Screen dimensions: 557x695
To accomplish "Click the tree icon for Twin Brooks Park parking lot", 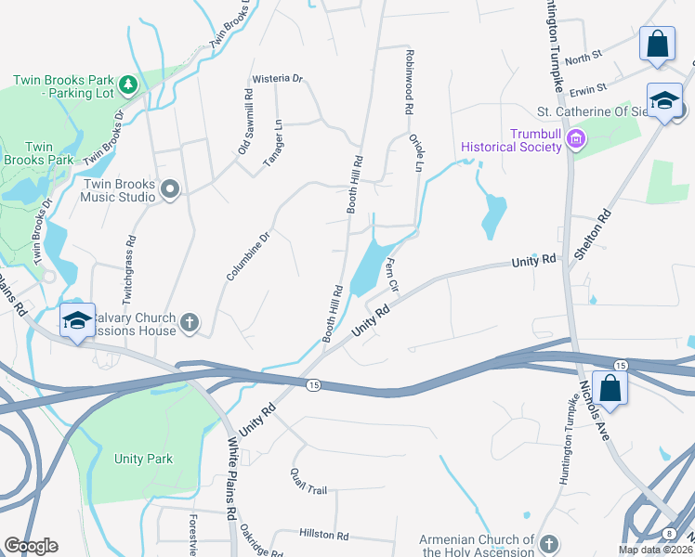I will pos(129,85).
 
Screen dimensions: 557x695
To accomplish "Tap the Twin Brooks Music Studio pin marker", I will pos(169,190).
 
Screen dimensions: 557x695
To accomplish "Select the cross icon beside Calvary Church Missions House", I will pos(189,323).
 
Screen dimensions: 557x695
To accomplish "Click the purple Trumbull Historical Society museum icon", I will pos(575,139).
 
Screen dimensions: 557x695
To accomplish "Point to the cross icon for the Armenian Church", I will pos(548,543).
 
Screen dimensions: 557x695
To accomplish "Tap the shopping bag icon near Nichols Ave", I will pos(610,387).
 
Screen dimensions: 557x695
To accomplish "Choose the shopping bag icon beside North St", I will pos(657,45).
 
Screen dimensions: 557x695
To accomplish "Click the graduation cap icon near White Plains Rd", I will pos(76,321).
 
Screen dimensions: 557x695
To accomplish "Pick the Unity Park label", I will pos(143,459).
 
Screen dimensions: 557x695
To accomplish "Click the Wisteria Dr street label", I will pos(284,78).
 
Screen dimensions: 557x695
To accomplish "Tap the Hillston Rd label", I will pos(323,536).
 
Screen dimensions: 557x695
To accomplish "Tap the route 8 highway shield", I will pos(669,532).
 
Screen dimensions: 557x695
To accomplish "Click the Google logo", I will pos(30,546).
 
